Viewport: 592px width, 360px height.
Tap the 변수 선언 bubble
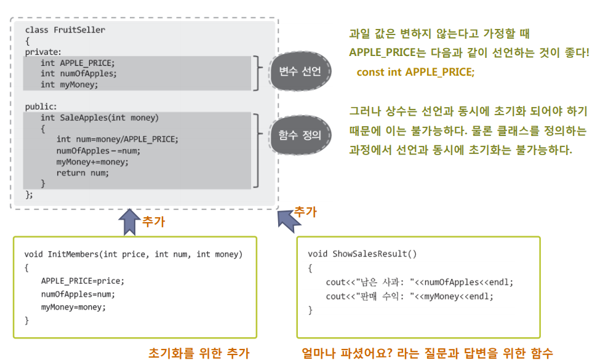point(300,71)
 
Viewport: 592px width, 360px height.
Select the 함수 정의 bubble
point(300,134)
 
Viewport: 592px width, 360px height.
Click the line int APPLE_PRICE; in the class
point(78,62)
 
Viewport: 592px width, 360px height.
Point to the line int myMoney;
point(69,84)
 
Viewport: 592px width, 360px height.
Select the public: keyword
point(41,106)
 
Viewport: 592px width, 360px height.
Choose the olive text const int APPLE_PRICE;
point(415,72)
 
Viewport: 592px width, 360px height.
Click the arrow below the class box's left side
point(130,222)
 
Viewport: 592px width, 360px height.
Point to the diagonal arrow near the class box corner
point(286,220)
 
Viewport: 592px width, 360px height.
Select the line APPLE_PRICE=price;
point(82,281)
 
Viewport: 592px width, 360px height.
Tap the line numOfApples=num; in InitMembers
point(78,294)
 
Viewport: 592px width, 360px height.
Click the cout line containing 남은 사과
point(419,282)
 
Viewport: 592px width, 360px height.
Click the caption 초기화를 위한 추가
point(199,353)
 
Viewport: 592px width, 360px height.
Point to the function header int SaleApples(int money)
point(100,118)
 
